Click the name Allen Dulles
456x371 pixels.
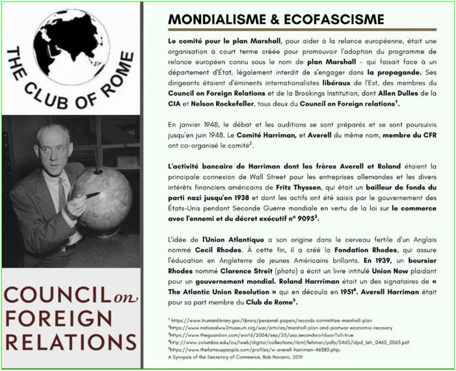404,92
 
